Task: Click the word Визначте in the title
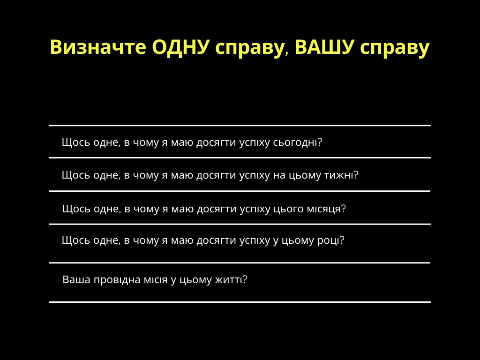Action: coord(98,47)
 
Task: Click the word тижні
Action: coord(338,175)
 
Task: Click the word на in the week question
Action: coord(279,175)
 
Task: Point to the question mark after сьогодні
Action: coord(320,142)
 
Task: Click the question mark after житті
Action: coord(244,279)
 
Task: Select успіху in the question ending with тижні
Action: coord(254,175)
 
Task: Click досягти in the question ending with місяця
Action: coord(217,209)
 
